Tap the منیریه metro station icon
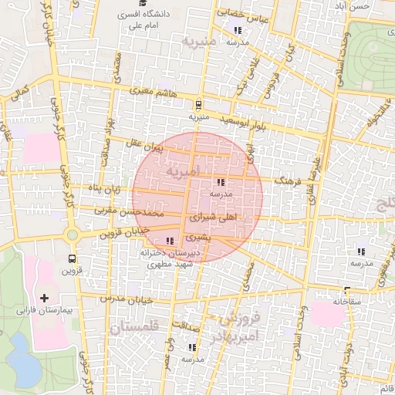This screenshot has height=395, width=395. [x=199, y=104]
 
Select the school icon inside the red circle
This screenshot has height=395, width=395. [x=221, y=183]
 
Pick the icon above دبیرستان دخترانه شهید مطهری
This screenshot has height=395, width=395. [x=170, y=241]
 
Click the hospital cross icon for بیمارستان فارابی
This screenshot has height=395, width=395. [x=43, y=298]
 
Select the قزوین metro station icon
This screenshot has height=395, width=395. [x=72, y=258]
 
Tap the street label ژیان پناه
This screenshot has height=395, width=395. [x=103, y=188]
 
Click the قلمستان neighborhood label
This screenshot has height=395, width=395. [x=133, y=327]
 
